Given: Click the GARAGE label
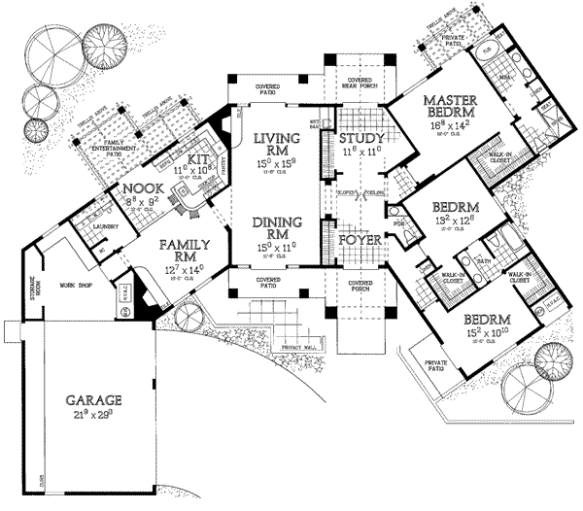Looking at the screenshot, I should [94, 399].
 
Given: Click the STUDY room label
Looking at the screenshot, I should [363, 139].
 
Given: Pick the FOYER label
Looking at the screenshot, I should [360, 236].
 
